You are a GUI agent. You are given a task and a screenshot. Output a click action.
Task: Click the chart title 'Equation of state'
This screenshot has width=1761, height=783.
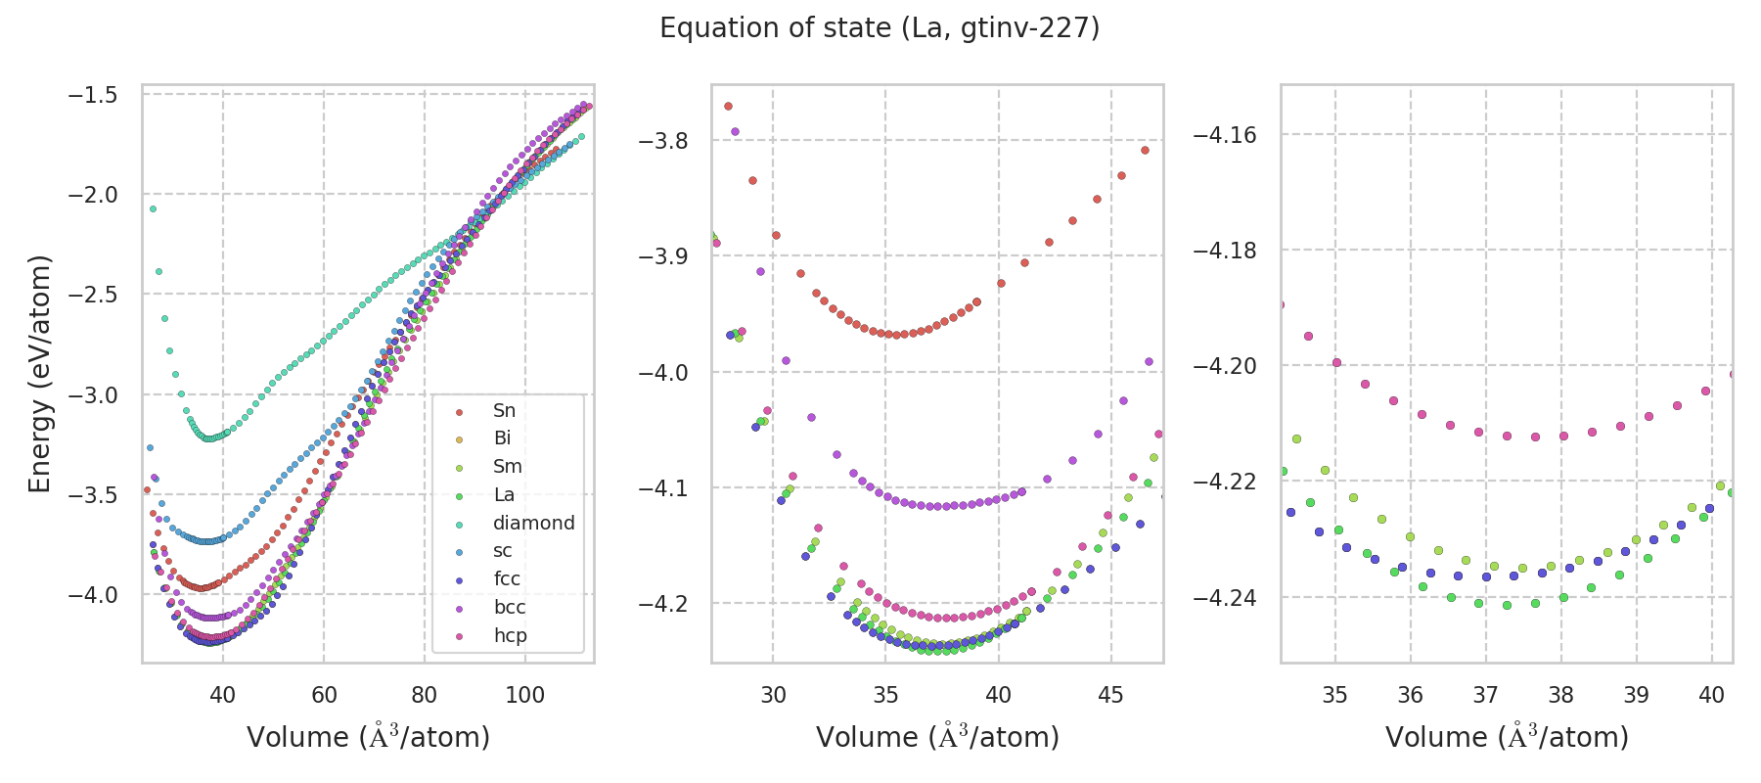(x=880, y=28)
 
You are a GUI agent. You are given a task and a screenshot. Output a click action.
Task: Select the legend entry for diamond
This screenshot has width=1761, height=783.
(x=533, y=523)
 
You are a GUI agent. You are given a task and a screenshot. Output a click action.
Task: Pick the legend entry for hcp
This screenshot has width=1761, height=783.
(x=510, y=635)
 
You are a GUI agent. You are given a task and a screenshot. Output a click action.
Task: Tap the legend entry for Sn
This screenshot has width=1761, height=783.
(x=504, y=410)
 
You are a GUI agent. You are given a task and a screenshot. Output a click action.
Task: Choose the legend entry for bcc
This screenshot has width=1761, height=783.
(x=510, y=607)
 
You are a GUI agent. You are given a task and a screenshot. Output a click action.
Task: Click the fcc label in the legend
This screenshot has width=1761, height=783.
(x=507, y=578)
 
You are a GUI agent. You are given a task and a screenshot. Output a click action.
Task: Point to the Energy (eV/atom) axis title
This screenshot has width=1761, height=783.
(x=39, y=374)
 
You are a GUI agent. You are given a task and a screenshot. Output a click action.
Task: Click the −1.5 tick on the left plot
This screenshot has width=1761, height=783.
(x=93, y=95)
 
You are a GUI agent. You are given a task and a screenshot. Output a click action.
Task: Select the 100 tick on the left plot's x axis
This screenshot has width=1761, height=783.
(x=525, y=695)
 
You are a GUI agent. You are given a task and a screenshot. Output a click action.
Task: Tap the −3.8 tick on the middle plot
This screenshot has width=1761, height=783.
(x=663, y=141)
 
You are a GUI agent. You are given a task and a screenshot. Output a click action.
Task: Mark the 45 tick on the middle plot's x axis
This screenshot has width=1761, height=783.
(x=1111, y=695)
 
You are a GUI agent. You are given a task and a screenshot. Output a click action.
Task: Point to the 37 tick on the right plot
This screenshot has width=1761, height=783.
(x=1485, y=695)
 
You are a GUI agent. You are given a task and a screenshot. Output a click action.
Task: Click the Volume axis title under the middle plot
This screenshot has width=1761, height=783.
(x=937, y=737)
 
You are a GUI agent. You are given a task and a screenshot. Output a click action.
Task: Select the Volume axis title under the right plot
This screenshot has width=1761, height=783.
(x=1507, y=737)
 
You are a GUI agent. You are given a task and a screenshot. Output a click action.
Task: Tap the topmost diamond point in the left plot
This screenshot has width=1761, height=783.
(x=153, y=208)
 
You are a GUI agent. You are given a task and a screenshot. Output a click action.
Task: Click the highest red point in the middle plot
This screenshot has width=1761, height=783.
(x=728, y=106)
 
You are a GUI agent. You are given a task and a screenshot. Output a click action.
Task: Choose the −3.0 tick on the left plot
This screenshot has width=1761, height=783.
(x=93, y=395)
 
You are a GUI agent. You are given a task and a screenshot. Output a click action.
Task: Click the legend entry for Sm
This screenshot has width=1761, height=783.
(x=507, y=467)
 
